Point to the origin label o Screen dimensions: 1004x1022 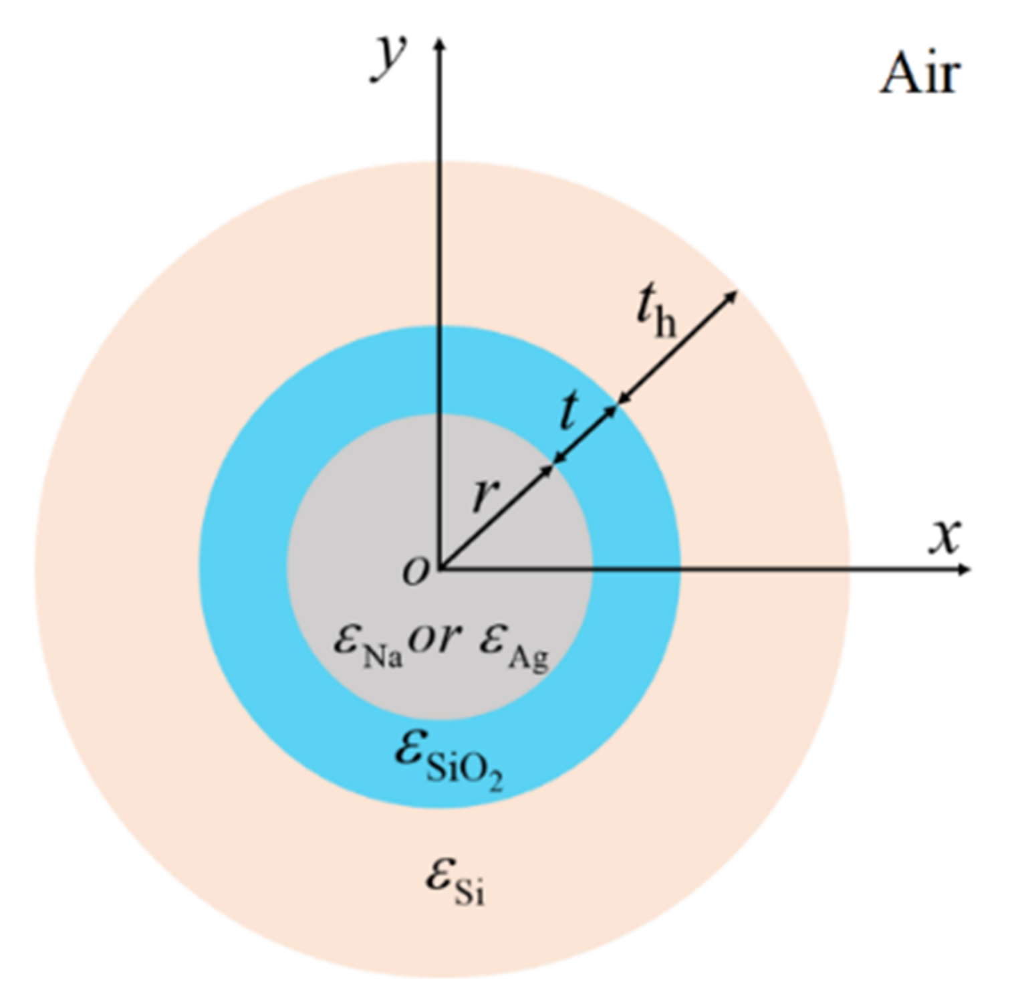point(415,572)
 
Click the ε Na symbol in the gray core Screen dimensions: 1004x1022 point(368,643)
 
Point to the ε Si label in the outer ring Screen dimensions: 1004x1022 point(455,882)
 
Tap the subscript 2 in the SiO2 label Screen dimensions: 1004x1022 point(495,782)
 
